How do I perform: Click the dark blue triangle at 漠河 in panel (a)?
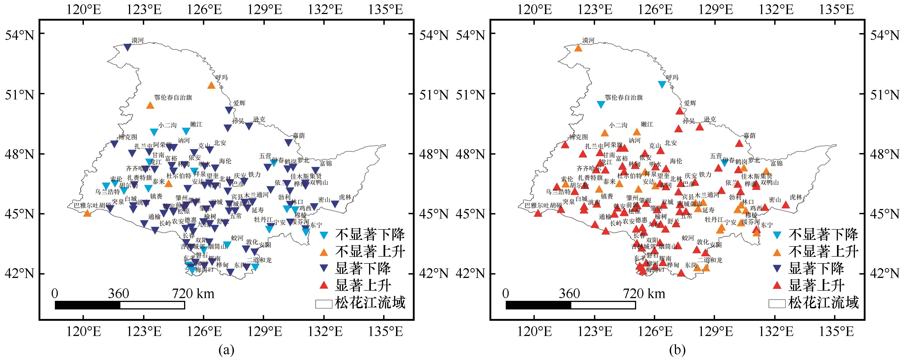point(128,47)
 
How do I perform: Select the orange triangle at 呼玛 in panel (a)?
point(211,85)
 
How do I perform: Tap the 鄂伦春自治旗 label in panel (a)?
point(173,98)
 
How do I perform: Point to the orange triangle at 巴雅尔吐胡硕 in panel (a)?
point(87,213)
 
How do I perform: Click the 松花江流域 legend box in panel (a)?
point(324,304)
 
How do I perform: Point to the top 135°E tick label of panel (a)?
point(384,10)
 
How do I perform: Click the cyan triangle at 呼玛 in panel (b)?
point(662,84)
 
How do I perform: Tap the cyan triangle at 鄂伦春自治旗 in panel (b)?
point(601,104)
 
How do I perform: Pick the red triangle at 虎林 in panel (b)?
point(786,205)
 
